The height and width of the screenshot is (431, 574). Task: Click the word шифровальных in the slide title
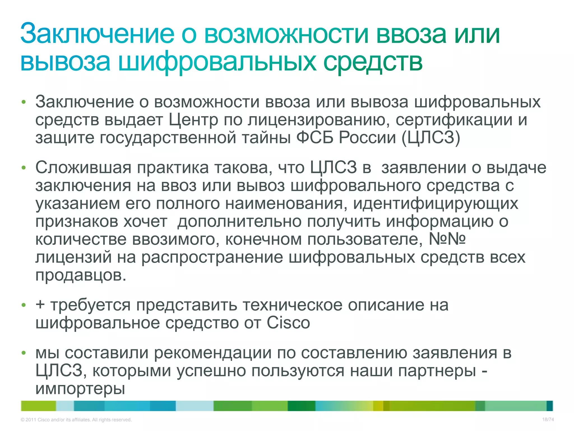217,62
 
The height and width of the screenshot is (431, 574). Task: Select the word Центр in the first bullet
193,120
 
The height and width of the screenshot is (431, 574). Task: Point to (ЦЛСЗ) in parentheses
431,138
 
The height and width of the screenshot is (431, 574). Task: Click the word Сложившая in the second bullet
83,168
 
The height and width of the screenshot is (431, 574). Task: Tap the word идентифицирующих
436,204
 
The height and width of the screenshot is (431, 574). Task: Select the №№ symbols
447,239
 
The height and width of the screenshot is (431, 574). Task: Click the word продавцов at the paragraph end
81,276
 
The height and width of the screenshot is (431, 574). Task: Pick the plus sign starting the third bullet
40,305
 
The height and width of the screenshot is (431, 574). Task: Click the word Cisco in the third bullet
288,323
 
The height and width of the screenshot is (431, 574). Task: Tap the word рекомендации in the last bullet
213,353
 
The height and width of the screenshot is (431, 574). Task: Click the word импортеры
80,389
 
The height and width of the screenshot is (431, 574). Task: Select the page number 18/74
548,419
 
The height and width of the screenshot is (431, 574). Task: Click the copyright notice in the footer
76,420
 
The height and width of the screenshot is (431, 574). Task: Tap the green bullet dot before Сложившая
24,168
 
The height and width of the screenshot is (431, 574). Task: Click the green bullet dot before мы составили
24,353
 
